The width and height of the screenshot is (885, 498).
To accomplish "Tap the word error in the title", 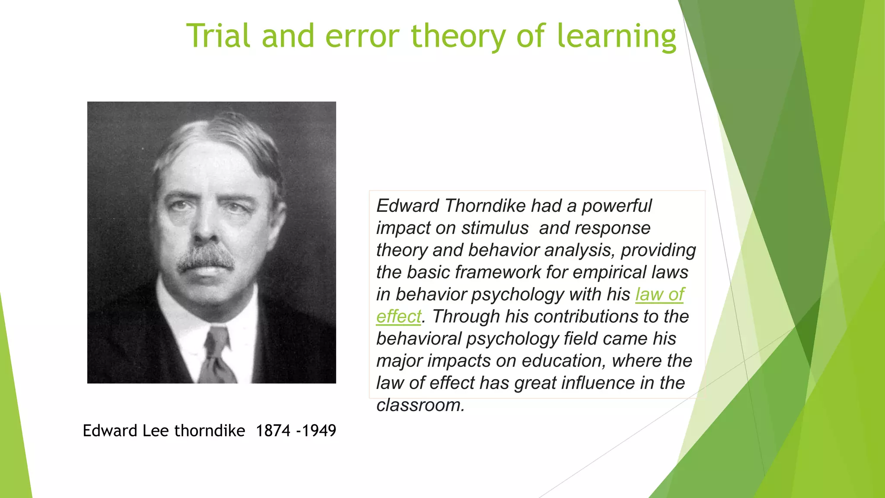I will (362, 36).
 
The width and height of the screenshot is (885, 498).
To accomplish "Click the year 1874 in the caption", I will (273, 431).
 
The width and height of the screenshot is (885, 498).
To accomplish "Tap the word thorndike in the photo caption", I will (210, 431).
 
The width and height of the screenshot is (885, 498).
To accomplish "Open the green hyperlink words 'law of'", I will (659, 294).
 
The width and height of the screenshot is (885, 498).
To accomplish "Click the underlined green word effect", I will (398, 316).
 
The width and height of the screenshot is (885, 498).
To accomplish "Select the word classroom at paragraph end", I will (420, 405).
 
